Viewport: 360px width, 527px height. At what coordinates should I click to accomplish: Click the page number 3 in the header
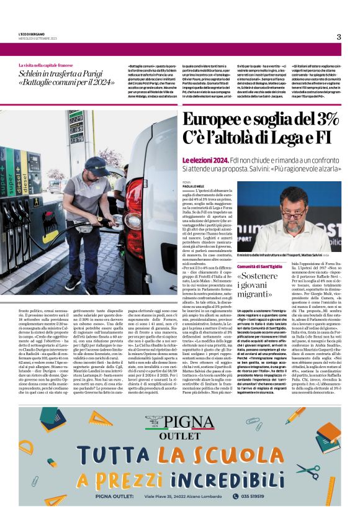pyautogui.click(x=339, y=37)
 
